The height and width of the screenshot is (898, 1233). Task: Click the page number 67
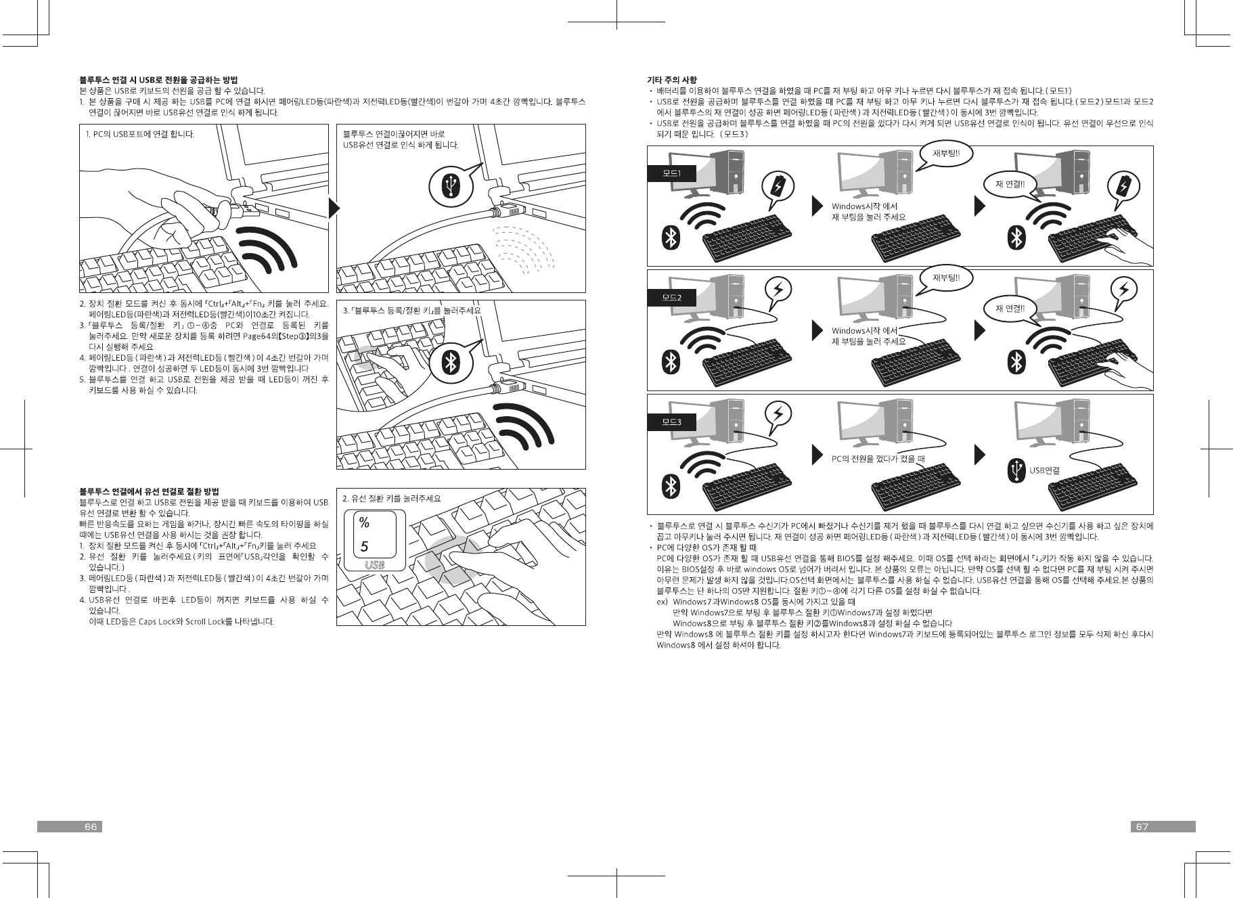pyautogui.click(x=1142, y=826)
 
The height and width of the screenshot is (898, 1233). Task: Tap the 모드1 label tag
pyautogui.click(x=671, y=174)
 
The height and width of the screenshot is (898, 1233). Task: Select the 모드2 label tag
pyautogui.click(x=671, y=298)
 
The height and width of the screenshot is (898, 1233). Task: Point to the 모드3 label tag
pyautogui.click(x=671, y=422)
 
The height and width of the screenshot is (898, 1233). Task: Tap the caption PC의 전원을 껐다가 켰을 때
pyautogui.click(x=877, y=459)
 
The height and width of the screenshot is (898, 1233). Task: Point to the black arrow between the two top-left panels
pyautogui.click(x=332, y=208)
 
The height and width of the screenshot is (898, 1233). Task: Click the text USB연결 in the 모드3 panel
pyautogui.click(x=1044, y=470)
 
